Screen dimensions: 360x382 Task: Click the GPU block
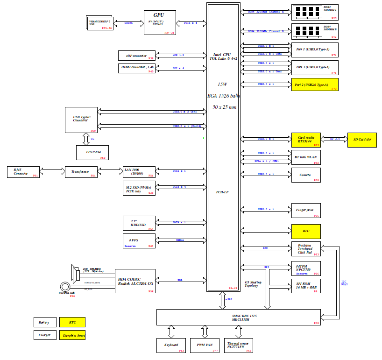(160, 22)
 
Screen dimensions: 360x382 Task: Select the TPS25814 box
(92, 152)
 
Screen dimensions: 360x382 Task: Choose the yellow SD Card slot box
(362, 140)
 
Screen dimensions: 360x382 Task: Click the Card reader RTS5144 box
(306, 140)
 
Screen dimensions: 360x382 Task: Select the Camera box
(306, 175)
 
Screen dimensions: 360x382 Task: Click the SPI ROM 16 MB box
(306, 286)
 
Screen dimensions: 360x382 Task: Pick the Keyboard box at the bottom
(171, 346)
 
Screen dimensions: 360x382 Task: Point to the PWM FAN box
(205, 346)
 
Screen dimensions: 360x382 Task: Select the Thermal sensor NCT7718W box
(239, 346)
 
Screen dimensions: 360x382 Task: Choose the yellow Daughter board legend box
(72, 335)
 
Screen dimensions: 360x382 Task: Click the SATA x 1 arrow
(181, 223)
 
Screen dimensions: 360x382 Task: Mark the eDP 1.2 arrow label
(178, 55)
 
